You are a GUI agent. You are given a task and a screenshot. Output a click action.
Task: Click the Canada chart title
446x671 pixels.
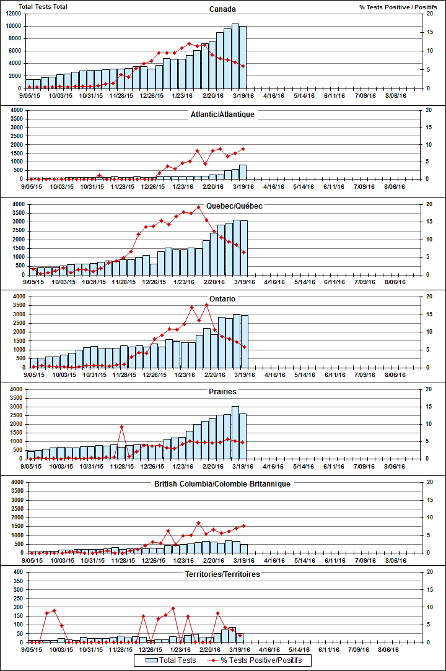222,9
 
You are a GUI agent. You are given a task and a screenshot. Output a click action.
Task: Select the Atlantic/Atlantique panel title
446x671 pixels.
222,115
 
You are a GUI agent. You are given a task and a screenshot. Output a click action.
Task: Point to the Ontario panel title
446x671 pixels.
222,299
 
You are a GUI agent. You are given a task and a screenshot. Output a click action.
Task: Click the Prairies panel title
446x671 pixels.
222,392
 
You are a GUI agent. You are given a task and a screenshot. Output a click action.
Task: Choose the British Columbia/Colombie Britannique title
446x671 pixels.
222,483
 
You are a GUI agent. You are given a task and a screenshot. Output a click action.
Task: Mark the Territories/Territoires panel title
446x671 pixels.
222,574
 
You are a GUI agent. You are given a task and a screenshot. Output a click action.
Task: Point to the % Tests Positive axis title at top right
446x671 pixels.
391,7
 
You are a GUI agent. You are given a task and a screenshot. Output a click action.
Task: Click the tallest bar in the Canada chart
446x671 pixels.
235,56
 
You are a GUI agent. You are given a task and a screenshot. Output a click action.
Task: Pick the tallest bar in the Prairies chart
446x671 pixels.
235,432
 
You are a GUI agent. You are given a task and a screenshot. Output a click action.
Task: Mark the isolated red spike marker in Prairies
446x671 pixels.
121,427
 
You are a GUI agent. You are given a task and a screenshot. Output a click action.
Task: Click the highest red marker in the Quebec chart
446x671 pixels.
198,207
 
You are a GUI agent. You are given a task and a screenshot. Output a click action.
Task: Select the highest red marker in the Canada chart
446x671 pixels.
190,44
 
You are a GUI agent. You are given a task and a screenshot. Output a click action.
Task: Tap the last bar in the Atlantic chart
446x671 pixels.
243,172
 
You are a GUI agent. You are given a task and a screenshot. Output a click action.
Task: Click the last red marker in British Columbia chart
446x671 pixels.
243,526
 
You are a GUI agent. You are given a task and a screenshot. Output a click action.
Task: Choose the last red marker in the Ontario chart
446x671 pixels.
243,347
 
